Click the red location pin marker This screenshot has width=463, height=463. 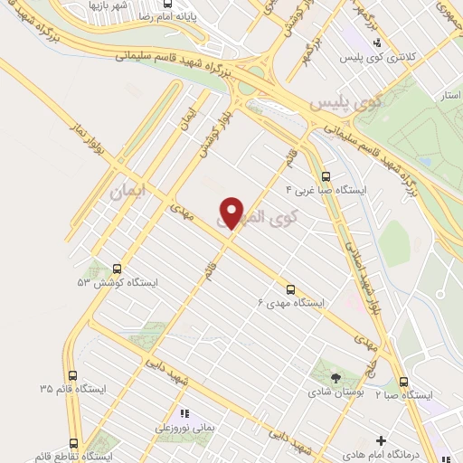tap(232, 212)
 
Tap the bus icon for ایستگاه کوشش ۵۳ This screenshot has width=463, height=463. tap(117, 269)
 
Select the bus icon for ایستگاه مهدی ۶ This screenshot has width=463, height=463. tap(290, 289)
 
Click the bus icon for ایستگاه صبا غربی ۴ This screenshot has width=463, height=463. tap(326, 177)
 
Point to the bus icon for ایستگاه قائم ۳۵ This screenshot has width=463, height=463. tap(72, 375)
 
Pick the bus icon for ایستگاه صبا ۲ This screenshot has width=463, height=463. tap(403, 382)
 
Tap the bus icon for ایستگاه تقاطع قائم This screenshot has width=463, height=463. tap(72, 443)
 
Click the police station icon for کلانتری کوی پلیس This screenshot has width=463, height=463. tap(378, 42)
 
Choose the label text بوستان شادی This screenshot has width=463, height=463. tap(335, 392)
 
